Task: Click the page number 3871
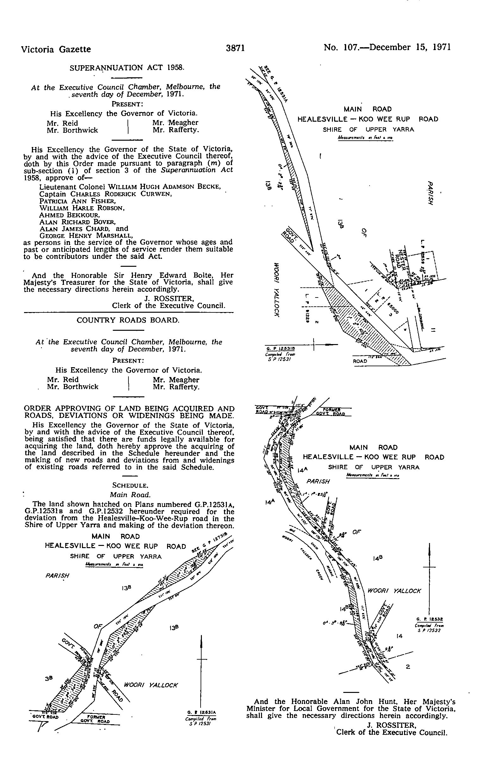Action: click(235, 48)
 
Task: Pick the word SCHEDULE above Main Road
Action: click(130, 485)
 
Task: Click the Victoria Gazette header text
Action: click(56, 49)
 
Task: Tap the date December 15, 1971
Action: click(410, 48)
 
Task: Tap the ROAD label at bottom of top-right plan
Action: click(360, 361)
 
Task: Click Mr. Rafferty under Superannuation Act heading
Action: click(176, 130)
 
